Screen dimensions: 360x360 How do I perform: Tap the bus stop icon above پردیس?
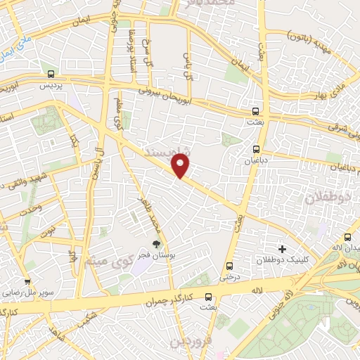pyautogui.click(x=51, y=74)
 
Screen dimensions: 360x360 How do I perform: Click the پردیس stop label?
pyautogui.click(x=51, y=84)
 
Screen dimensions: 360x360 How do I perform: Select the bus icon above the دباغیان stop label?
pyautogui.click(x=257, y=148)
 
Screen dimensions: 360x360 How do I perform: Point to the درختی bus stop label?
pyautogui.click(x=230, y=276)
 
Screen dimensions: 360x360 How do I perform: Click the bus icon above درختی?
pyautogui.click(x=230, y=266)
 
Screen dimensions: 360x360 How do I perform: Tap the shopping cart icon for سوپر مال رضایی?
pyautogui.click(x=28, y=265)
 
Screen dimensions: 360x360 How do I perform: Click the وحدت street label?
pyautogui.click(x=30, y=206)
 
